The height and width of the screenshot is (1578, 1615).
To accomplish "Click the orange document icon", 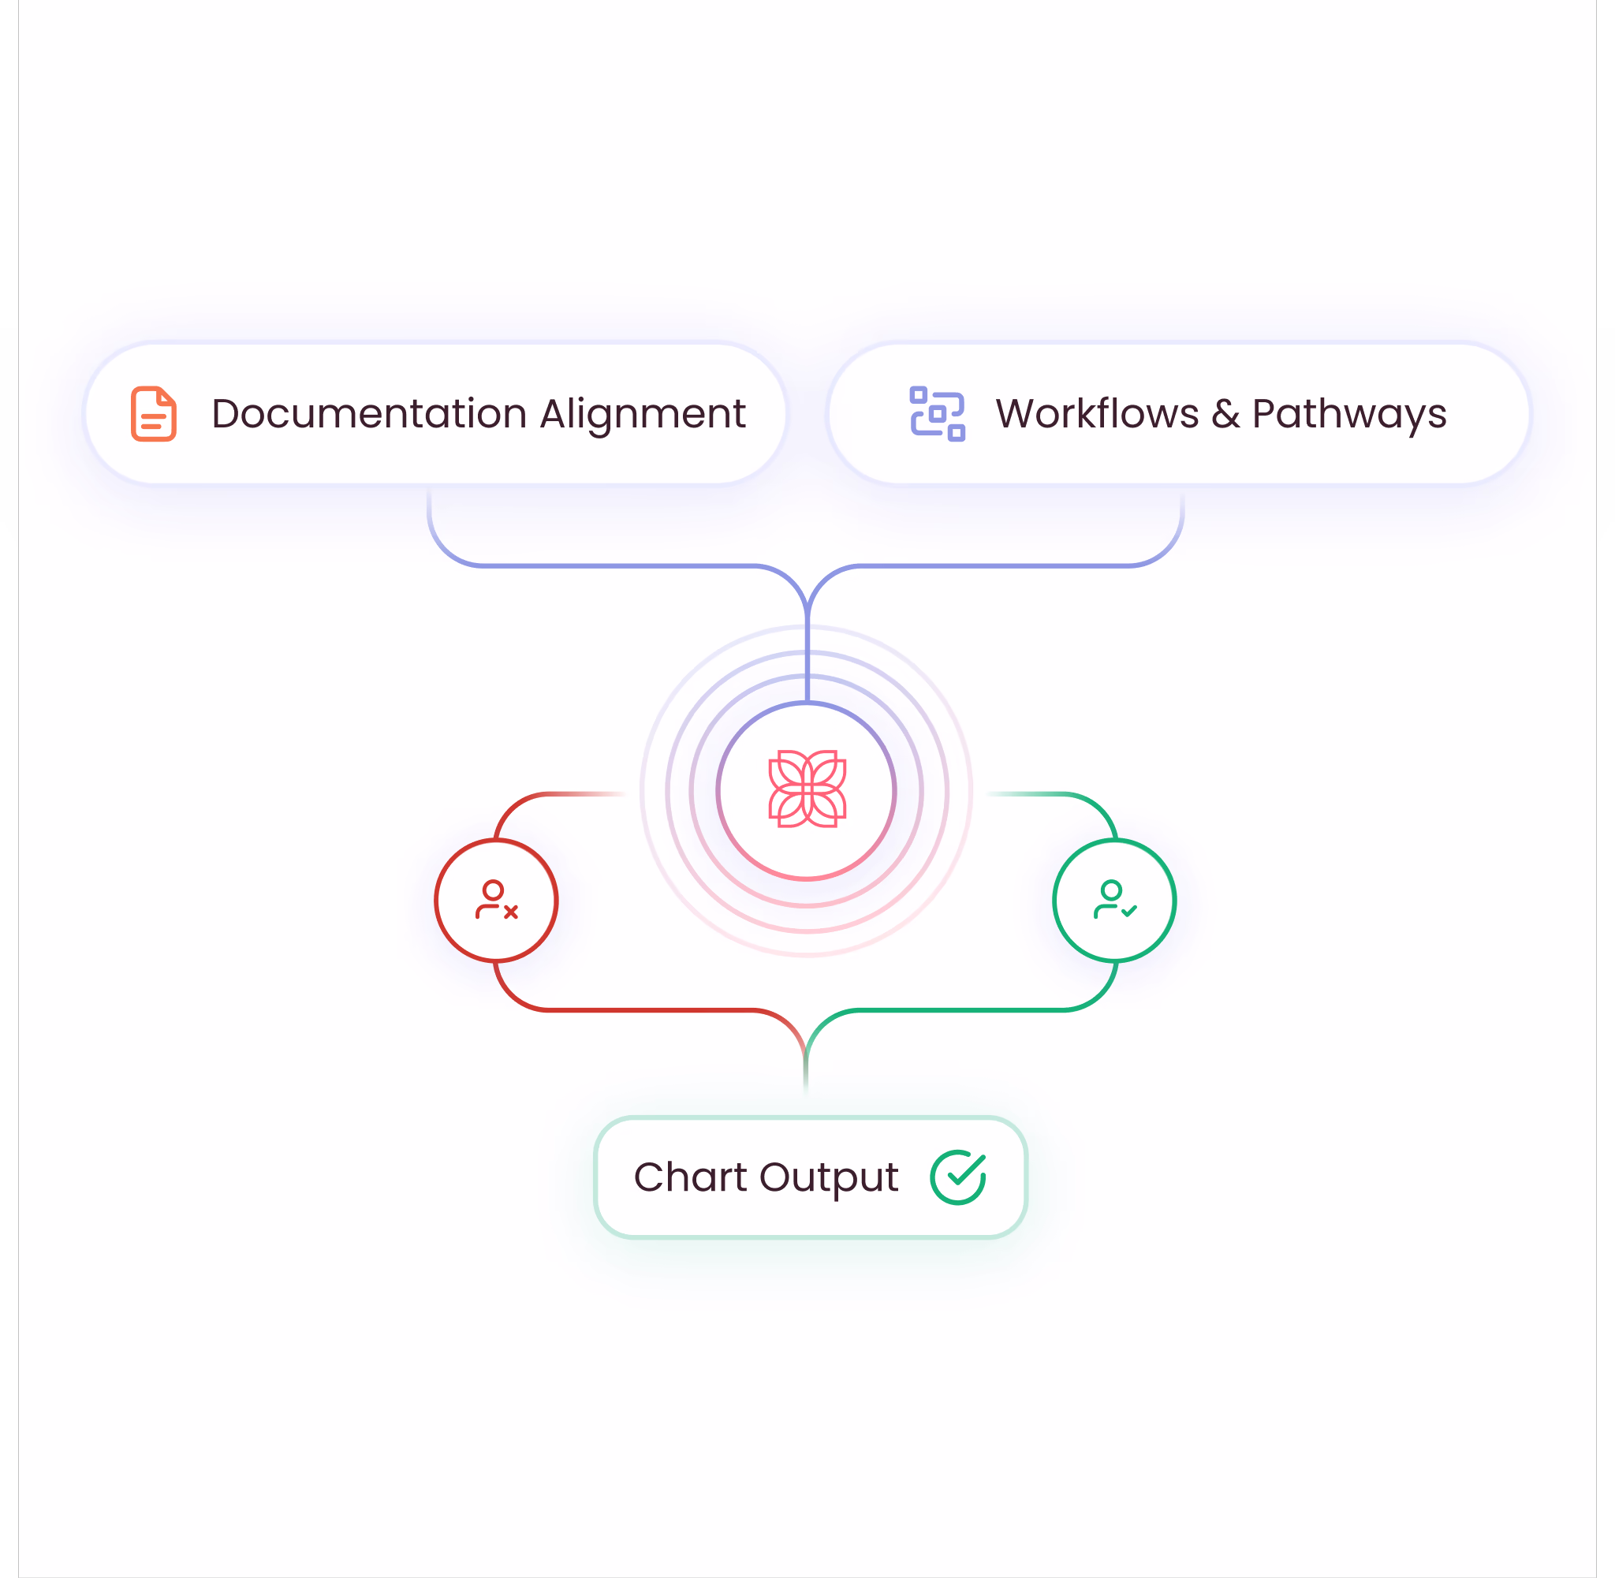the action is tap(154, 413).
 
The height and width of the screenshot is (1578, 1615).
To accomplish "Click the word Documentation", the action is tap(369, 413).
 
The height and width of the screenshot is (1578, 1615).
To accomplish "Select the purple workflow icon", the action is tap(937, 413).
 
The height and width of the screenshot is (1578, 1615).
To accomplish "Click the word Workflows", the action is tap(1097, 413).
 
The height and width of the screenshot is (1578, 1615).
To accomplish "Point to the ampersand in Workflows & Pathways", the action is tap(1225, 414).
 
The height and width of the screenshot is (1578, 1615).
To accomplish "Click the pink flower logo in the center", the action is tap(807, 789).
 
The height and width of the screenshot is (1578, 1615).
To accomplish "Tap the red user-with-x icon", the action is tap(496, 900).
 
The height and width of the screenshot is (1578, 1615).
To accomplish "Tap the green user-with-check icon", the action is tap(1114, 900).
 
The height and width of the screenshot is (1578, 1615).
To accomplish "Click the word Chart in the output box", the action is tap(690, 1177).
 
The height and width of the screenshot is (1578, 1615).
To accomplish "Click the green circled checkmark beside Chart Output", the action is tap(958, 1177).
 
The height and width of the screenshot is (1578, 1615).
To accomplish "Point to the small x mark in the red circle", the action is tap(511, 912).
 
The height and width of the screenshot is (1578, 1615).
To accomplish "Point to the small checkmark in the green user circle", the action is tap(1129, 911).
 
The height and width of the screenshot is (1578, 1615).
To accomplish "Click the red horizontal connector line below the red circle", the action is tap(651, 1010).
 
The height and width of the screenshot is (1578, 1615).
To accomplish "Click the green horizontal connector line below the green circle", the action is tap(961, 1010).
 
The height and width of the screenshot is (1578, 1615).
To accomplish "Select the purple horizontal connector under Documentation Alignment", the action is tap(618, 566).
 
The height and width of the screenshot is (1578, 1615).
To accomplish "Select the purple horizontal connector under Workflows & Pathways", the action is tap(994, 566).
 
